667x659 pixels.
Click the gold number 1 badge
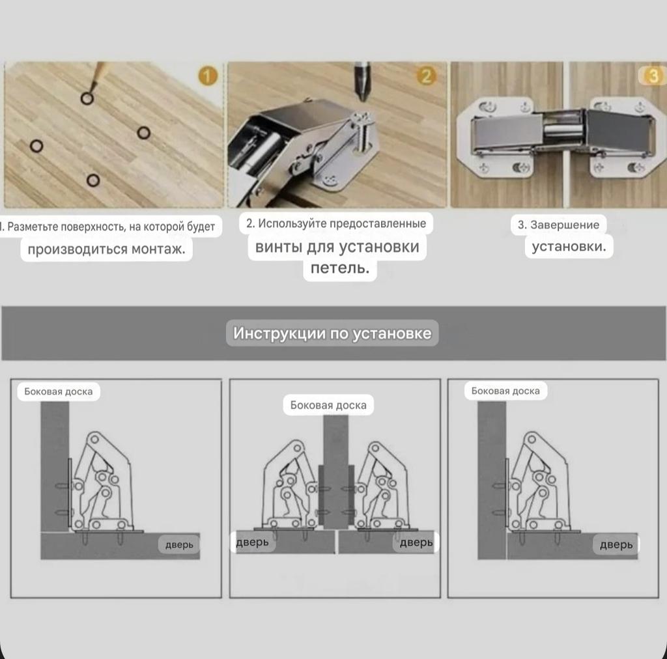pos(208,76)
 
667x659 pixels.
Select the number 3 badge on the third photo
pos(653,76)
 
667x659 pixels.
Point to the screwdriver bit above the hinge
pos(362,81)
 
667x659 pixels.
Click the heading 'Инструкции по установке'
pos(332,333)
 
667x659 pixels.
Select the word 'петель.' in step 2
pos(340,268)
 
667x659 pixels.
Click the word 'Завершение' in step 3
pos(565,225)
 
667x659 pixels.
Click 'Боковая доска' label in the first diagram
pos(58,391)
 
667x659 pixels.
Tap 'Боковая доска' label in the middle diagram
pos(328,405)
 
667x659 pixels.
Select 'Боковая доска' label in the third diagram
pos(505,391)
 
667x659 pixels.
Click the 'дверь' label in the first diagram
pos(179,544)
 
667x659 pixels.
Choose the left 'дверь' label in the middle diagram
pos(253,542)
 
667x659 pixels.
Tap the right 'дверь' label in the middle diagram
pos(416,542)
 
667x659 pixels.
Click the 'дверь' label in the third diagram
pos(616,544)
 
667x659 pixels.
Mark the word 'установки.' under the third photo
pos(569,247)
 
